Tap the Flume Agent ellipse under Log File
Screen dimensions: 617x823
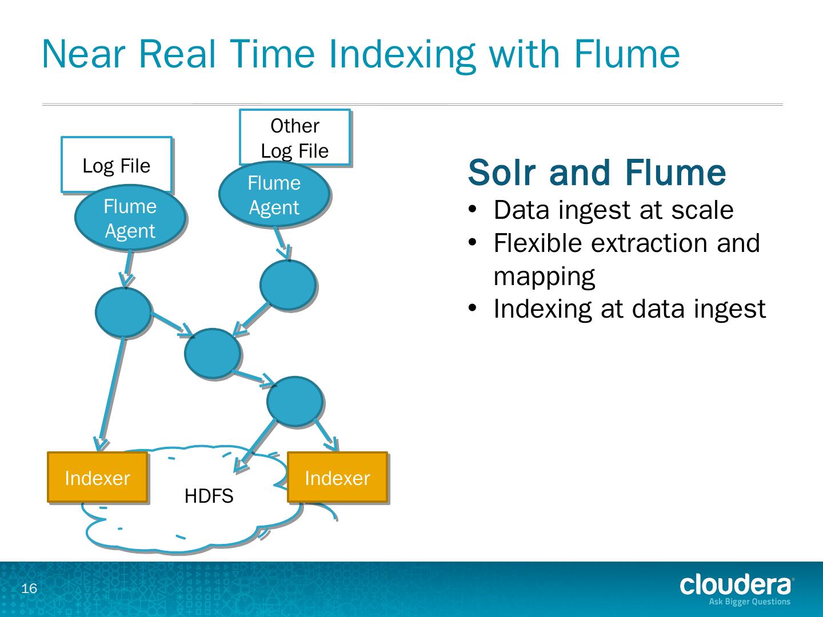[x=130, y=218]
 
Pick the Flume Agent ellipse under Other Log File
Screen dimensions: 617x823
[x=274, y=195]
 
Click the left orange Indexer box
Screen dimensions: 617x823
[x=97, y=478]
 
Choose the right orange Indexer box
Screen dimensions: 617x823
[x=337, y=478]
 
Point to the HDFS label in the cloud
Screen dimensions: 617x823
[x=209, y=496]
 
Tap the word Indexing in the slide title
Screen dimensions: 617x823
[x=401, y=54]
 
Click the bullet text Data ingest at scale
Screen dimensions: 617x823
[x=613, y=210]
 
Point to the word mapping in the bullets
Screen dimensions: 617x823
[x=544, y=276]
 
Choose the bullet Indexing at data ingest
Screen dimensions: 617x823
[x=629, y=308]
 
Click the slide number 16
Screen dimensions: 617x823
[x=29, y=588]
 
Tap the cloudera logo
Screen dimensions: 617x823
[x=736, y=585]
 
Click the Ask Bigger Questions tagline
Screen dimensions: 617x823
[x=749, y=601]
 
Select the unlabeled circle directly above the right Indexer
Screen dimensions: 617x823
[x=295, y=402]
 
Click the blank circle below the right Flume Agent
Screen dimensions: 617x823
[x=287, y=285]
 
